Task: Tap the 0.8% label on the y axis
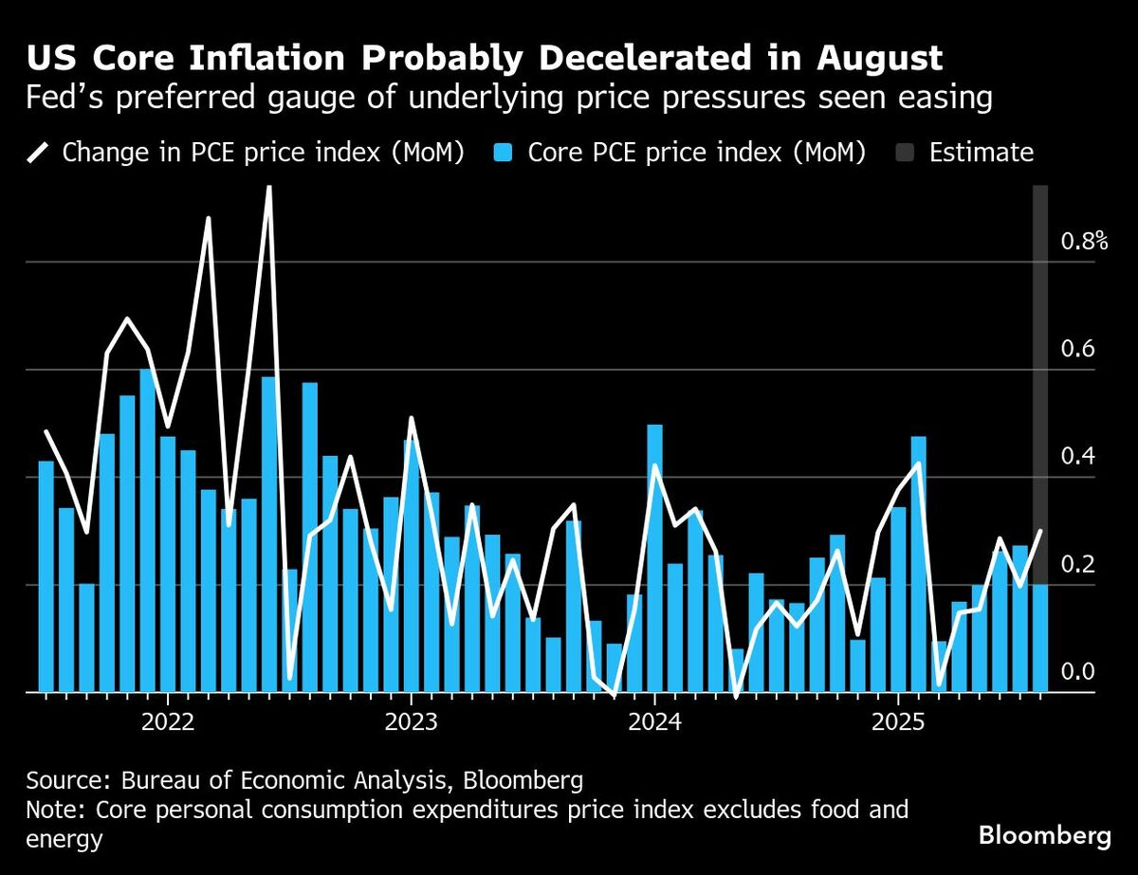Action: [x=1084, y=241]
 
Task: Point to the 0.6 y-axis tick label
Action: [x=1077, y=349]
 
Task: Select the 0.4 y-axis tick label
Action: [x=1077, y=457]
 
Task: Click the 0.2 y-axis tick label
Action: [x=1077, y=565]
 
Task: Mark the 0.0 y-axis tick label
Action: [x=1077, y=672]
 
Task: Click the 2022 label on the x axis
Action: [x=167, y=724]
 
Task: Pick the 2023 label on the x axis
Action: [x=412, y=724]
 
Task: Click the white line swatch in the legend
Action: [x=40, y=153]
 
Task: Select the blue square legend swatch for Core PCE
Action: [x=504, y=153]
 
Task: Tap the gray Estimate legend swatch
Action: [x=905, y=153]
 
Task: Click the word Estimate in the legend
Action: [x=982, y=153]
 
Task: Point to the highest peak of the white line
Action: [x=268, y=189]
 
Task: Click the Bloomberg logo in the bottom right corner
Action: [x=1044, y=835]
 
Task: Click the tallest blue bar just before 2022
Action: [x=147, y=531]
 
